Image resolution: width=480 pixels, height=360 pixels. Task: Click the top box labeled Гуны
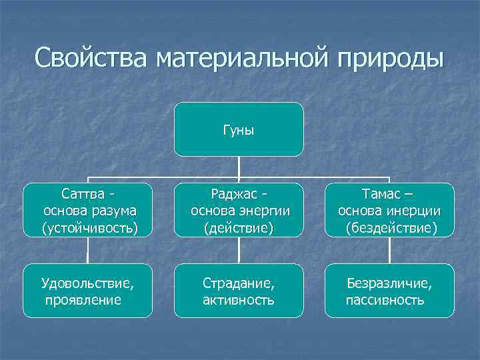coord(239,129)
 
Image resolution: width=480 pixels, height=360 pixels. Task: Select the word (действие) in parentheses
coord(239,229)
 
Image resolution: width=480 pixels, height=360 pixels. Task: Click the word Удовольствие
coord(87,283)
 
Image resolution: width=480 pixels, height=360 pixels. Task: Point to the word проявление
coord(83,300)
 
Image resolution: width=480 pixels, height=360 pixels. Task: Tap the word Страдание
coord(239,283)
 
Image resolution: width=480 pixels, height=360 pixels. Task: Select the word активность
coord(238,300)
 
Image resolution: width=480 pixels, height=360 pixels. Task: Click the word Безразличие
coord(389,283)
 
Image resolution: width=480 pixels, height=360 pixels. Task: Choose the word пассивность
coord(385,300)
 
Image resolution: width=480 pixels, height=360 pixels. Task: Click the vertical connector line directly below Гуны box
coord(239,169)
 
